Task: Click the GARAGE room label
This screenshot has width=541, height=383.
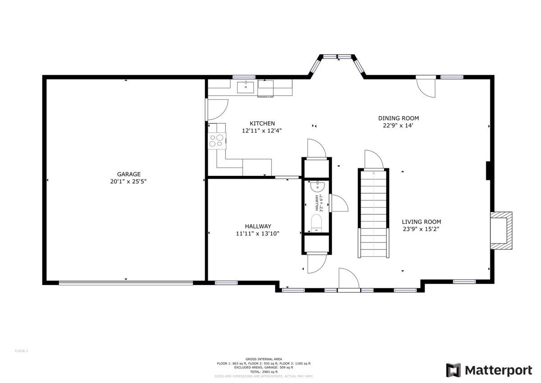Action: pos(129,174)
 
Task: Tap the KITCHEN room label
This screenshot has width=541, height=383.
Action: pos(262,124)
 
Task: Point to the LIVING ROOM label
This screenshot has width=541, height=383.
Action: pos(421,221)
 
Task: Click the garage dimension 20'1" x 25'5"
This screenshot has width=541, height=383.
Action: pos(129,181)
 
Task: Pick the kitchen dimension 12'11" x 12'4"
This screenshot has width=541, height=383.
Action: pos(262,131)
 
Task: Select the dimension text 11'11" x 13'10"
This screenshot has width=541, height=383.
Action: pos(258,234)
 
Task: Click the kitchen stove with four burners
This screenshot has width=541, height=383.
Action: pos(216,141)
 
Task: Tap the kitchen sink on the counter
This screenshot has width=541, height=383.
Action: pos(246,86)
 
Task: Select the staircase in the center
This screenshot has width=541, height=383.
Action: pos(374,213)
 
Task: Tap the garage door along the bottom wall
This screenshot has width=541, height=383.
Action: pos(126,283)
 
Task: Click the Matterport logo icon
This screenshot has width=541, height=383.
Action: pos(454,370)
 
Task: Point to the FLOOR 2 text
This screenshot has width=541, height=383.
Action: pos(21,351)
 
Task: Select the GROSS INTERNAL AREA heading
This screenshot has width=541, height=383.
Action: pos(264,360)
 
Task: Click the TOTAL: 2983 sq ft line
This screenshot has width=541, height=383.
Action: pos(264,372)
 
